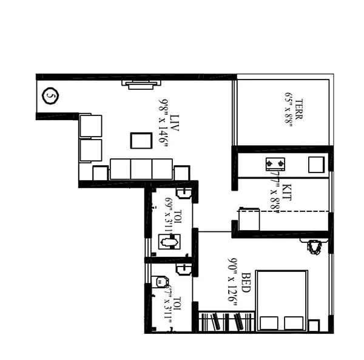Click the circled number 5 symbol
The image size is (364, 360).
(52, 96)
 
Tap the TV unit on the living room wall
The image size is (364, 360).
(141, 84)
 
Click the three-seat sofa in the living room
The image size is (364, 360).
(141, 169)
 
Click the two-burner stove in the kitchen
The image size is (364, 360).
(277, 164)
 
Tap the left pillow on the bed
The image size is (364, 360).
(269, 323)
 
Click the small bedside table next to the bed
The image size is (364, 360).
(314, 325)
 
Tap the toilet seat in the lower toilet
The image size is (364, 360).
(160, 282)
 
